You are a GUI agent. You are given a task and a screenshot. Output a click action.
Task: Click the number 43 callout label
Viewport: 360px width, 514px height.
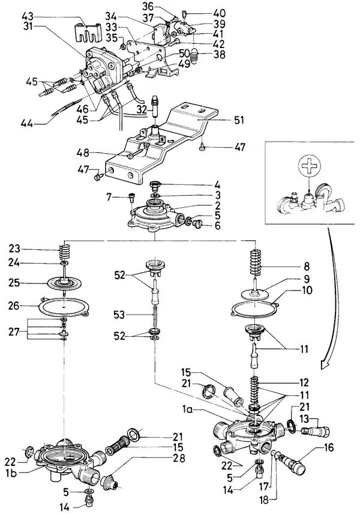click(29, 16)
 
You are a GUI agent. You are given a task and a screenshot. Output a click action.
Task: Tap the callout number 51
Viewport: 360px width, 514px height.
click(239, 120)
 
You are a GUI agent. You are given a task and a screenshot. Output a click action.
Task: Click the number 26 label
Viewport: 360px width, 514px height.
click(14, 306)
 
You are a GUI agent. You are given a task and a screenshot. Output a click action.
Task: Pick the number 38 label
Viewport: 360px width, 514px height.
click(220, 54)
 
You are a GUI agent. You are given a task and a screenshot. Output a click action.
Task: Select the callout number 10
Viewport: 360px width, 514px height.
click(307, 291)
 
